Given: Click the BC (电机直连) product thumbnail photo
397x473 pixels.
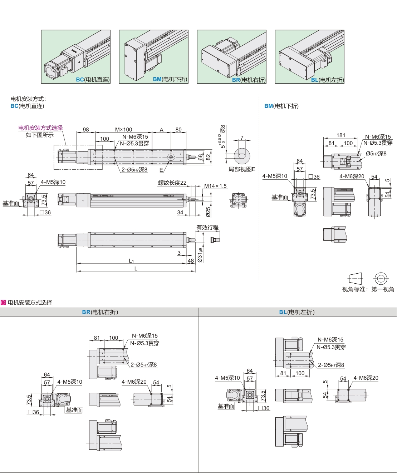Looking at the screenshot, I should [x=75, y=56].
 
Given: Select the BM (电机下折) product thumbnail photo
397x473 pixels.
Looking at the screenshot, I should [x=153, y=56].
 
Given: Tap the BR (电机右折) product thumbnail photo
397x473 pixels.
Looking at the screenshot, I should [x=231, y=56].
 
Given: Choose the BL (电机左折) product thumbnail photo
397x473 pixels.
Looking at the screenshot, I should [x=309, y=56].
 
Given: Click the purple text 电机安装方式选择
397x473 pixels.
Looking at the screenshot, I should [x=40, y=128].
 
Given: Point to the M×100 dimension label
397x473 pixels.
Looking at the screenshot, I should [x=123, y=130].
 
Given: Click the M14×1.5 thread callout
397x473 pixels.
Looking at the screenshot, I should [x=215, y=186].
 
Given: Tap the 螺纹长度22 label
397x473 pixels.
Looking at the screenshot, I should [x=172, y=183].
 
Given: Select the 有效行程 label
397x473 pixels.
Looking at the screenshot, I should [x=207, y=228].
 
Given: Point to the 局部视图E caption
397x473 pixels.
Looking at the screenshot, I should [x=242, y=169].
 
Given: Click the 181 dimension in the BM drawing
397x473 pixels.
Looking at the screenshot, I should [x=341, y=135].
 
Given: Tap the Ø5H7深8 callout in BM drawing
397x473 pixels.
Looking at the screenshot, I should [x=376, y=154].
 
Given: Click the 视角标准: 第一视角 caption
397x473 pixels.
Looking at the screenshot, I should [x=368, y=289].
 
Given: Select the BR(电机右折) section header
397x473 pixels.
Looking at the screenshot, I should [x=100, y=312].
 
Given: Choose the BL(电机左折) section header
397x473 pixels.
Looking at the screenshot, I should [x=297, y=312].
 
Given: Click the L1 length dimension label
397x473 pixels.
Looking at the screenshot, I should [x=131, y=261].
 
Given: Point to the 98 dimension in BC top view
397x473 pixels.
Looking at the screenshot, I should [x=86, y=130].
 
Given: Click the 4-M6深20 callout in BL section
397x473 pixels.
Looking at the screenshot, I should [x=366, y=378].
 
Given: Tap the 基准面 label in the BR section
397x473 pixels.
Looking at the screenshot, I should [x=74, y=410].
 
